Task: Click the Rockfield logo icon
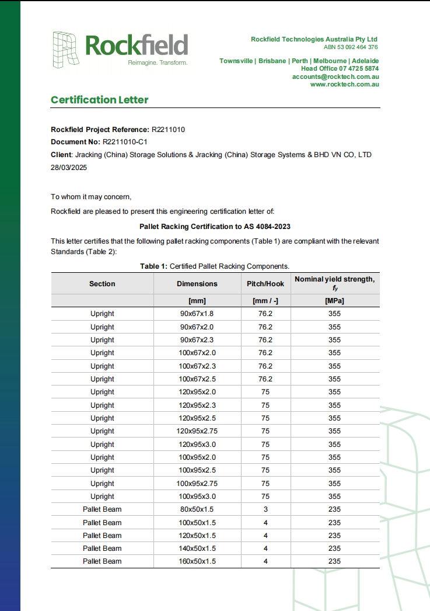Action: pos(67,47)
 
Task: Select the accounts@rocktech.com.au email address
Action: pos(336,77)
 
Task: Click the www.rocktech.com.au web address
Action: pos(345,84)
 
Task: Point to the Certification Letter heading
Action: pos(100,100)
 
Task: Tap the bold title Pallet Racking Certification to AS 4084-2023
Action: pos(215,226)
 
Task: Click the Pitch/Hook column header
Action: pos(265,284)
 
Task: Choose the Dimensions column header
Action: pos(197,284)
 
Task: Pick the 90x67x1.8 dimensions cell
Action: pos(197,314)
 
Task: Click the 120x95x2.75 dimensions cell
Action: pos(197,431)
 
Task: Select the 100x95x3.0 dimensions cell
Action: pos(197,497)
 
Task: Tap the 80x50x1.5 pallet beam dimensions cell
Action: pos(197,509)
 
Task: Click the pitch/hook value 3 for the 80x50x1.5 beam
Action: pos(265,509)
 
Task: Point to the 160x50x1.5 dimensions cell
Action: pos(197,561)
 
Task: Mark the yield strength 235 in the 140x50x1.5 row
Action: pos(334,548)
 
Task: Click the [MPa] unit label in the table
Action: pos(334,301)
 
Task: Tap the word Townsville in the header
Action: pos(236,61)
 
